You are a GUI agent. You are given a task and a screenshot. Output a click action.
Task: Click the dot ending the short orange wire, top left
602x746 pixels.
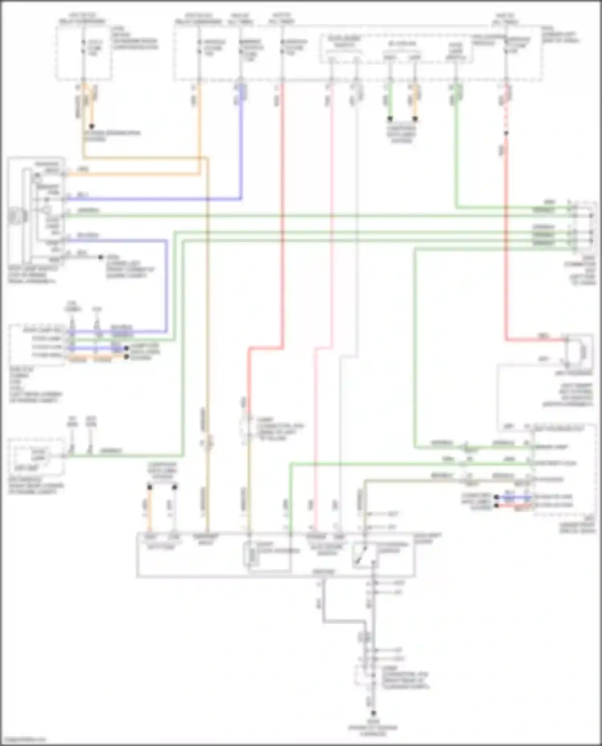point(92,126)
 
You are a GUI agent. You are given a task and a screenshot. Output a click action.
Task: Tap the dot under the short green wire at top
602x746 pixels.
point(390,119)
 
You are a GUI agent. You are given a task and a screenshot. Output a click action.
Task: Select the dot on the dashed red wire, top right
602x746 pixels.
point(506,133)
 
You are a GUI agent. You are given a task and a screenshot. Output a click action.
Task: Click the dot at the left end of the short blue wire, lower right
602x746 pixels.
point(496,497)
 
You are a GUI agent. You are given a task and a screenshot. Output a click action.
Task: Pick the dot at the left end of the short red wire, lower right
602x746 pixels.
point(496,505)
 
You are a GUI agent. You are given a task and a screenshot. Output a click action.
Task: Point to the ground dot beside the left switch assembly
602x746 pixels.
point(101,257)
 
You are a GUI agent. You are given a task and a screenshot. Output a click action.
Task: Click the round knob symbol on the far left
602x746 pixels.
point(17,216)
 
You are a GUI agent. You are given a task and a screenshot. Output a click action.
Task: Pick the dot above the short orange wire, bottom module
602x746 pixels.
point(150,487)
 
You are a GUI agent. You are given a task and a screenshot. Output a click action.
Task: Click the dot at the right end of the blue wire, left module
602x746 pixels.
point(126,349)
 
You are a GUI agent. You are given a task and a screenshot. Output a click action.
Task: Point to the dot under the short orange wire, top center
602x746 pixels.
point(415,119)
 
